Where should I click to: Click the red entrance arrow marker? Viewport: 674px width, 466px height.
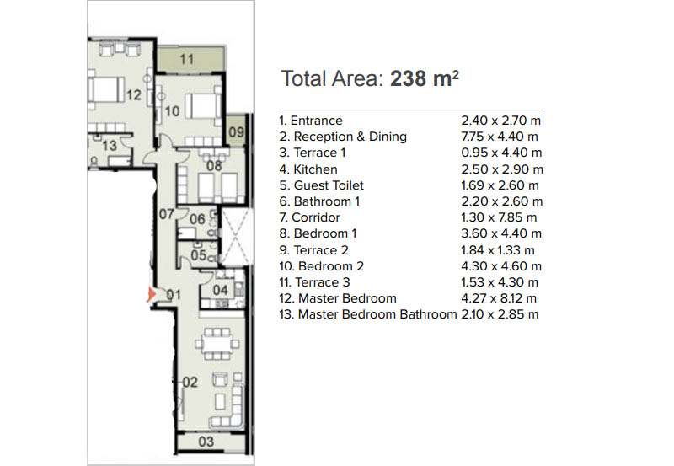[x=152, y=294]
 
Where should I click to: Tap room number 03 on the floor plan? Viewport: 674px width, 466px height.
[x=206, y=442]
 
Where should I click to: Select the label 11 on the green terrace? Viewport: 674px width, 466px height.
[x=186, y=59]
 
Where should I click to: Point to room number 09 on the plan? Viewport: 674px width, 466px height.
[x=236, y=131]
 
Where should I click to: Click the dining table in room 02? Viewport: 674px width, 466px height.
[x=217, y=344]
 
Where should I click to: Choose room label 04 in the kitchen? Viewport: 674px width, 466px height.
[x=220, y=290]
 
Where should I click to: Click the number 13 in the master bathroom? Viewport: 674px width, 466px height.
[x=110, y=145]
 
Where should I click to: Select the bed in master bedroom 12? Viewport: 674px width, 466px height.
[x=106, y=89]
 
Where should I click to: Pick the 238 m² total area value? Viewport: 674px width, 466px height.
[x=425, y=78]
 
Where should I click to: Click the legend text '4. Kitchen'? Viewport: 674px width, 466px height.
[x=308, y=169]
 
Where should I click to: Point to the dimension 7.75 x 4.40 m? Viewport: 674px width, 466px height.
[x=500, y=137]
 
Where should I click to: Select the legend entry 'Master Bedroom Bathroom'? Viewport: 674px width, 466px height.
[x=377, y=314]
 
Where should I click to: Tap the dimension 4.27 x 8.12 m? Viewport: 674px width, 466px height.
[x=499, y=298]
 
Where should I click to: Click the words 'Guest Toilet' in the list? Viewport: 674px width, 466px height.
[x=329, y=185]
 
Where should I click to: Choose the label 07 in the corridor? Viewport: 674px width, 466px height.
[x=166, y=214]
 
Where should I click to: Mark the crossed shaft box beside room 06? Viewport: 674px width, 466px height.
[x=234, y=236]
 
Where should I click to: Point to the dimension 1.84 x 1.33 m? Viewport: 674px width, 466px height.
[x=498, y=250]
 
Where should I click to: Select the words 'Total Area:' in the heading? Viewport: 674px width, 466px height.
[x=332, y=78]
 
